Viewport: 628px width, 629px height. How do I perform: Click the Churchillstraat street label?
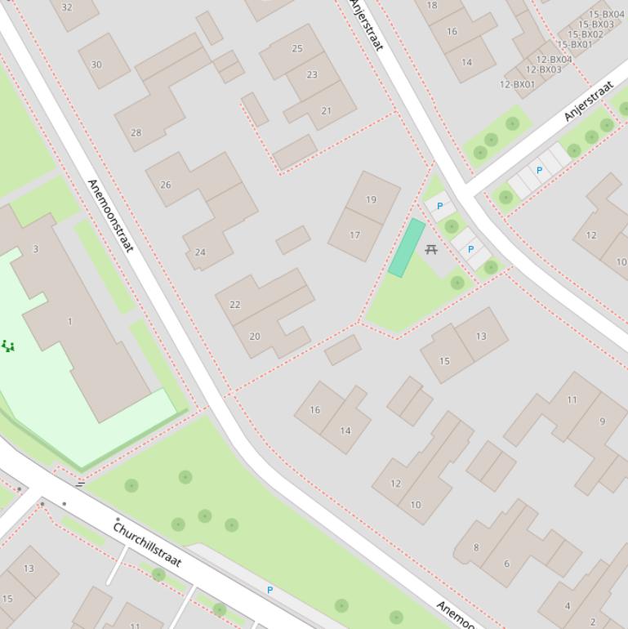coord(147,545)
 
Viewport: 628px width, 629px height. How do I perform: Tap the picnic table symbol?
coord(431,249)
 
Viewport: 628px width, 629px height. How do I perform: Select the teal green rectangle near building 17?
coord(407,248)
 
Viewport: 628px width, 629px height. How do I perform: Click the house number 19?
coord(372,199)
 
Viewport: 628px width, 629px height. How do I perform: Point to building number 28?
coord(136,132)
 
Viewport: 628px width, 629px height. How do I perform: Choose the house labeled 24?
coord(200,252)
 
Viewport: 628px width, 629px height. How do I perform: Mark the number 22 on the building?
coord(235,305)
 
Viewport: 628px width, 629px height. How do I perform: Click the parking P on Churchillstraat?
coord(269,590)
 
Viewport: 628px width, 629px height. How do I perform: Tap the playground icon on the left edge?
coord(8,346)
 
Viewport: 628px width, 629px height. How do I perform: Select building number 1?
coord(69,321)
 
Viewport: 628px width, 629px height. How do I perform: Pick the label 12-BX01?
coord(517,85)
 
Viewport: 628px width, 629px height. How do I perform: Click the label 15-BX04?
coord(606,15)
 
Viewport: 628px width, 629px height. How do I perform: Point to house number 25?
coord(297,49)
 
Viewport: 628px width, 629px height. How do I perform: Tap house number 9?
coord(603,422)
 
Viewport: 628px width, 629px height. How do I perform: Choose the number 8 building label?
coord(476,547)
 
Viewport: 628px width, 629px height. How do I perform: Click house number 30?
coord(96,65)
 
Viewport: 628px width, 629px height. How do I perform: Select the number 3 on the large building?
coord(35,249)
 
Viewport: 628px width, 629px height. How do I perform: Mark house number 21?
coord(327,111)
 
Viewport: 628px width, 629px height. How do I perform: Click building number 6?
coord(506,564)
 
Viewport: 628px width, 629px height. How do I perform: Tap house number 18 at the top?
coord(432,5)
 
